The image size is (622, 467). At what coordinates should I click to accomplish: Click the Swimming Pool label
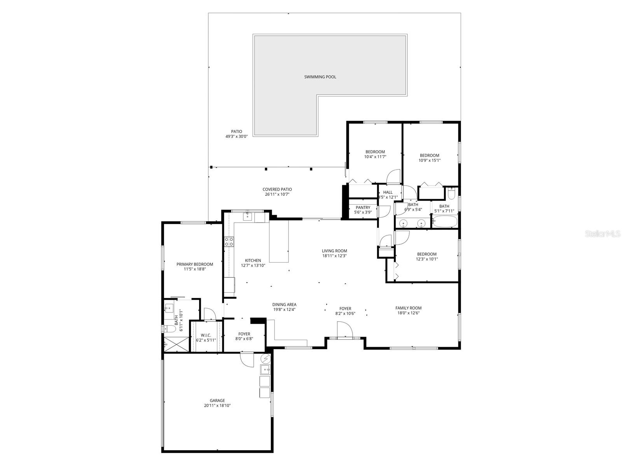(320, 77)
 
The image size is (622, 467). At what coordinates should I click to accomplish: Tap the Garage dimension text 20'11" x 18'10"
(217, 406)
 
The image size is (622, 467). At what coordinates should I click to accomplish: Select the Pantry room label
(363, 207)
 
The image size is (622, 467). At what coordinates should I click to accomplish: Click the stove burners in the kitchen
(229, 242)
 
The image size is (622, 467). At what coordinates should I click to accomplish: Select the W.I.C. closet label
(206, 335)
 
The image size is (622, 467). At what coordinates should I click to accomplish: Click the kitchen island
(279, 241)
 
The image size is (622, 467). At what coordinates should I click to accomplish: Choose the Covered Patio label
(277, 190)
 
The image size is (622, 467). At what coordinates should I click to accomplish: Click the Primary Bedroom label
(194, 264)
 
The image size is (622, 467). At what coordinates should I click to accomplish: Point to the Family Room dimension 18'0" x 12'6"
(408, 313)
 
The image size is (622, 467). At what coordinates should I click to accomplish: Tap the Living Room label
(334, 251)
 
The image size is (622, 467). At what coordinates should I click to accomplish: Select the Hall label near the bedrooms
(388, 192)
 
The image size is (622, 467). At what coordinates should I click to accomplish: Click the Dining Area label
(285, 305)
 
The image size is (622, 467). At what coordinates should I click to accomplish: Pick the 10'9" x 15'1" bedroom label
(429, 155)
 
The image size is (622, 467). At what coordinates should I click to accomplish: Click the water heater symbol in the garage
(266, 358)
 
